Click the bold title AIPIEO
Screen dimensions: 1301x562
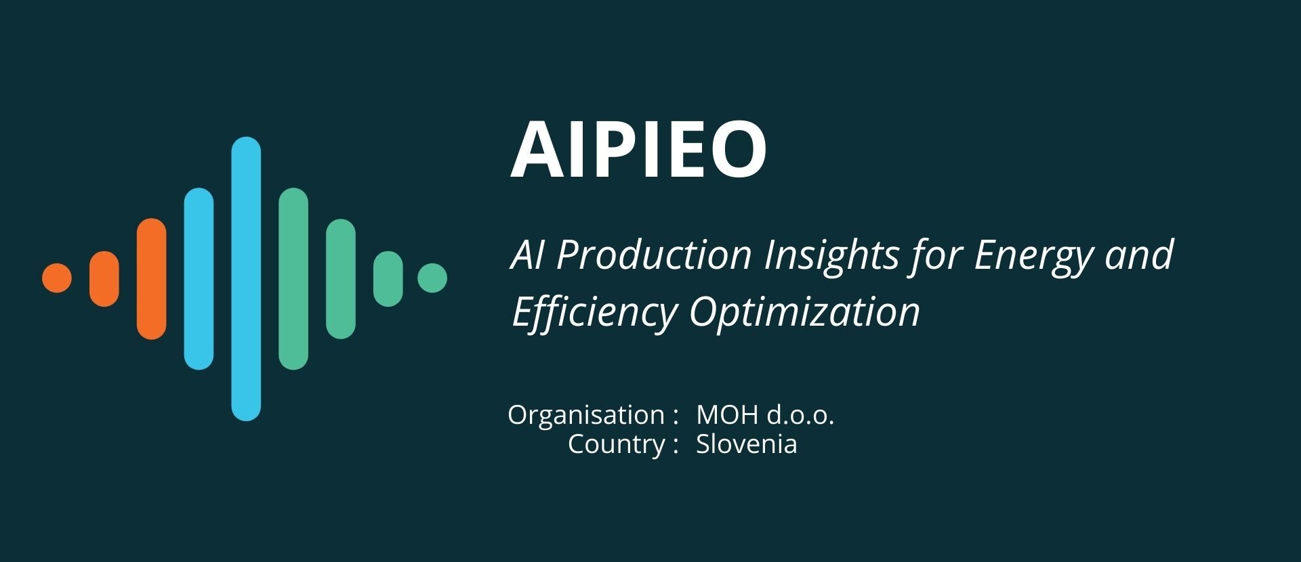(638, 149)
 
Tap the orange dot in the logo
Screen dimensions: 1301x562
(57, 278)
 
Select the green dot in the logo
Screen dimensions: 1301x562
(432, 278)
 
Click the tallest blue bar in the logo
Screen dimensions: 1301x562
(246, 279)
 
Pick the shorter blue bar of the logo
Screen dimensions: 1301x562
(199, 279)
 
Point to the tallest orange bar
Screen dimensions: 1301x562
(151, 279)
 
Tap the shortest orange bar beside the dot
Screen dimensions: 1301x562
(104, 279)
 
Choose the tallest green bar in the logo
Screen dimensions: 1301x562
(293, 279)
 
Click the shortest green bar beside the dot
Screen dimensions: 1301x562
(388, 279)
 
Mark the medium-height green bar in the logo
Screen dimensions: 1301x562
(341, 279)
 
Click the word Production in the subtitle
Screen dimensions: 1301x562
(654, 255)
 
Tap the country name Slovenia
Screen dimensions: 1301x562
(747, 445)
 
